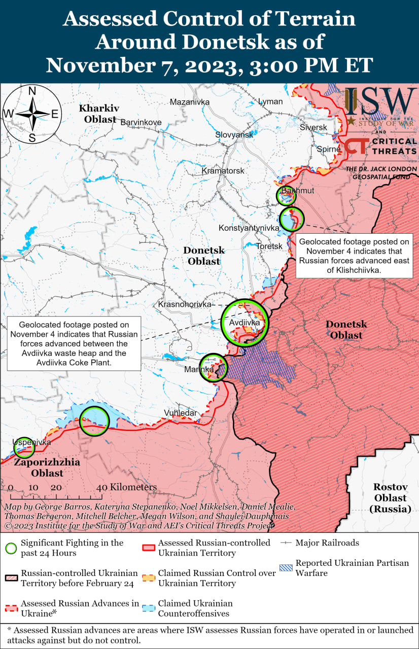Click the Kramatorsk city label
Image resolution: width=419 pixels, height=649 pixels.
[x=223, y=171]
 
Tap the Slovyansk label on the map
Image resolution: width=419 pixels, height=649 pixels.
[x=234, y=135]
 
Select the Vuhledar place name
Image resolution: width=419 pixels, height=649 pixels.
[x=180, y=413]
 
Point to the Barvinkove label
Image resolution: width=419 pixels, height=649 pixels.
[x=141, y=122]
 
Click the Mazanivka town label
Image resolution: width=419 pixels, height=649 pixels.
[x=190, y=102]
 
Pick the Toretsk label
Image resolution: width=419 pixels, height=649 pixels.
[x=269, y=246]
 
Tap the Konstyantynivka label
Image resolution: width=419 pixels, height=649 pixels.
[x=249, y=228]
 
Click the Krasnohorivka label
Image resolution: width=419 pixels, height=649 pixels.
[x=184, y=304]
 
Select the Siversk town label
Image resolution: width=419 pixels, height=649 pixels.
[x=313, y=127]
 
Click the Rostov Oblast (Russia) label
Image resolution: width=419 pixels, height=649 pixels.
[x=391, y=497]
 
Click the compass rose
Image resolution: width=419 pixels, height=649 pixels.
[x=31, y=114]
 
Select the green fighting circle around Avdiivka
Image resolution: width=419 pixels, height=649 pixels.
[x=246, y=322]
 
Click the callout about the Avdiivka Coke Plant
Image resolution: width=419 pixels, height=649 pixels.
[x=74, y=344]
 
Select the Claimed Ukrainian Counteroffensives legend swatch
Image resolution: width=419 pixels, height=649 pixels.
[x=149, y=608]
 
